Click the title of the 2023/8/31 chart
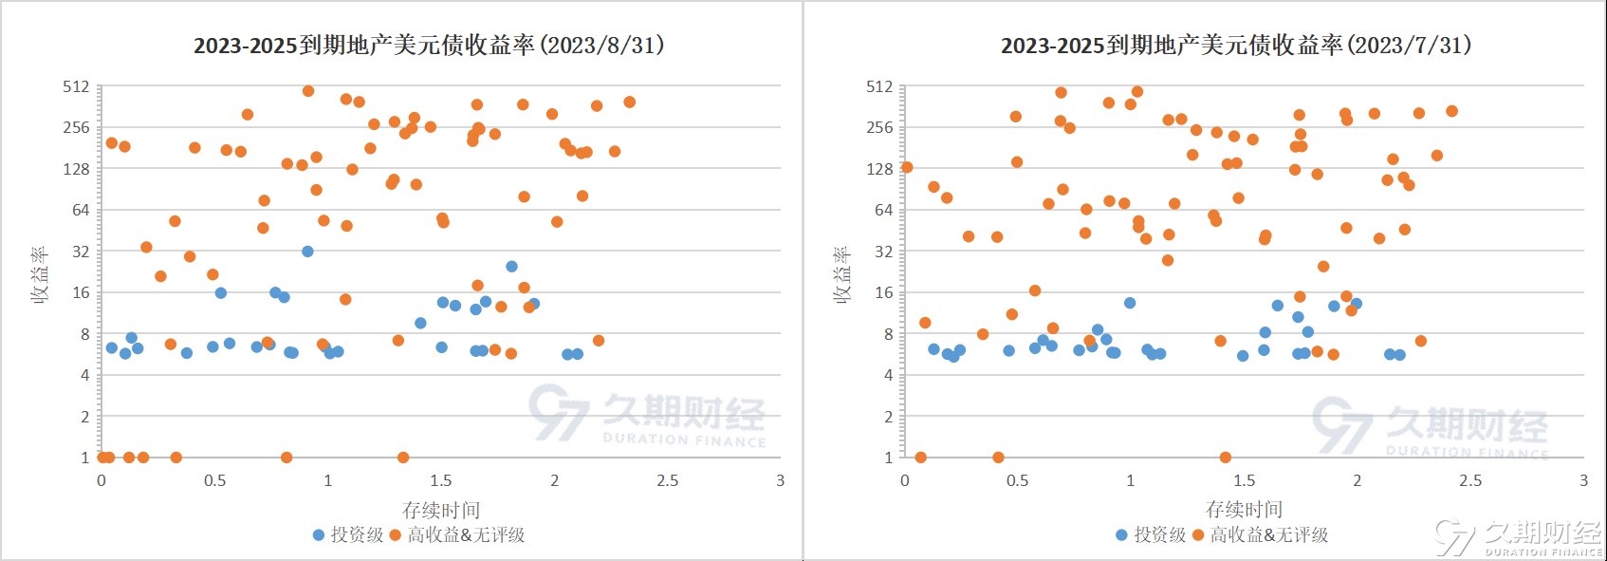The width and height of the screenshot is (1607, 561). point(429,46)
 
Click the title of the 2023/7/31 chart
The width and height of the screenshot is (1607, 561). point(1235,46)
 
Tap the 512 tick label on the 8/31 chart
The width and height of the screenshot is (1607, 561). point(76,86)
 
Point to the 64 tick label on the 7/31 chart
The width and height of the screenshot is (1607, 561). point(883,210)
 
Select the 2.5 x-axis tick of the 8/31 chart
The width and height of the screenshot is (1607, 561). point(668,480)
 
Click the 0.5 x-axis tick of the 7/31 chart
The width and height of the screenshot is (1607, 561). point(1017,480)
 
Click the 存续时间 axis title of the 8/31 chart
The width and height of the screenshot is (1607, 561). point(441,510)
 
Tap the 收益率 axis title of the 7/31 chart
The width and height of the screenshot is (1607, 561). point(841,275)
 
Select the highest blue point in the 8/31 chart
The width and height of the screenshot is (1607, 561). point(307,252)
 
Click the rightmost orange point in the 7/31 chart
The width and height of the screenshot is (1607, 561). point(1451,111)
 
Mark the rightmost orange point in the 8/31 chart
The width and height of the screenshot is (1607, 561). point(629,102)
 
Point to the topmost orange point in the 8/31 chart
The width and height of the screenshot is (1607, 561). point(308,91)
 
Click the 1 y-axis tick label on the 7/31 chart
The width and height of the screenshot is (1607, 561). point(889,458)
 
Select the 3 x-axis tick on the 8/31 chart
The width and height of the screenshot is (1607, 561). point(781,480)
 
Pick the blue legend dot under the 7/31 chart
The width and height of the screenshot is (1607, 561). point(1121,535)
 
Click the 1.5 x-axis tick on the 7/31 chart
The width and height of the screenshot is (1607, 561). point(1244,480)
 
